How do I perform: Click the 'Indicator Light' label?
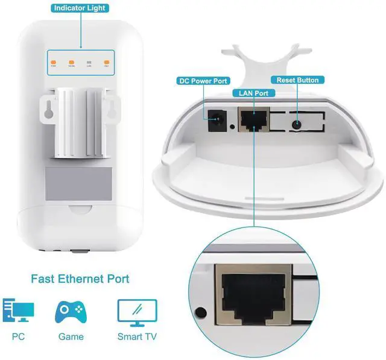81,8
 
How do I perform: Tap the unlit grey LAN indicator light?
90,62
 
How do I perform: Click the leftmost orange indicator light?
54,62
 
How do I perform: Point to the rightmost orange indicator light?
107,62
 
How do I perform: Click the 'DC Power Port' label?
203,81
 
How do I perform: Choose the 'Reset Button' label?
298,80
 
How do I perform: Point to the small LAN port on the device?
253,121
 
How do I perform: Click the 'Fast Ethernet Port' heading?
80,280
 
